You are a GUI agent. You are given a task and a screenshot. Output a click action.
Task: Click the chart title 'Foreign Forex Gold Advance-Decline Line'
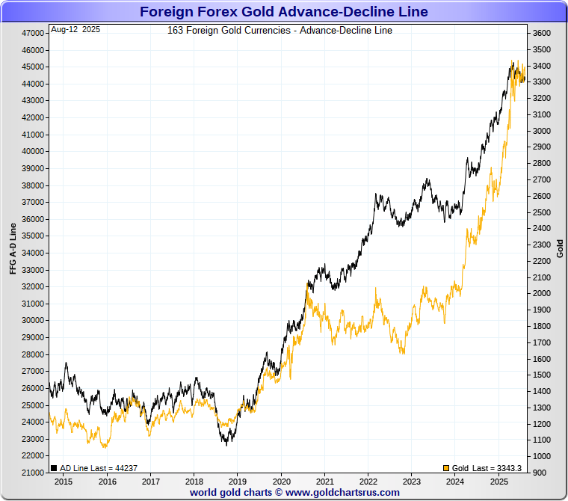284,11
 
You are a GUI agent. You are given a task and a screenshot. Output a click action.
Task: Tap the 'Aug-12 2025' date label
75,30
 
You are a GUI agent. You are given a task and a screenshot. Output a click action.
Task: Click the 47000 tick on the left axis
33,34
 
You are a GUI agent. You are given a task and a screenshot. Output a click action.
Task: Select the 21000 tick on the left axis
33,473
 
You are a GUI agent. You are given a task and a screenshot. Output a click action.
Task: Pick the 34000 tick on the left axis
33,253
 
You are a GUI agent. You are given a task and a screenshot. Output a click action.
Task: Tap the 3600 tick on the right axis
541,34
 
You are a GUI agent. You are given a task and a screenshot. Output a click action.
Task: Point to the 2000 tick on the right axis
541,294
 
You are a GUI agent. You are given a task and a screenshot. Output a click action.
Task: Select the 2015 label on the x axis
63,482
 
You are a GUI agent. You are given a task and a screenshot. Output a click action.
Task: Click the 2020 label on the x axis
281,482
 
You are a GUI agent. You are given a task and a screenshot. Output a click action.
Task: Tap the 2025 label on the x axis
500,482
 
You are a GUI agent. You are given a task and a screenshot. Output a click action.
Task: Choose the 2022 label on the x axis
368,482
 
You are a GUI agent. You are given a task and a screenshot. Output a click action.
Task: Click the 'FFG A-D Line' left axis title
13,248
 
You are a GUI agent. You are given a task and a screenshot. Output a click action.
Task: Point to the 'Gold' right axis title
560,248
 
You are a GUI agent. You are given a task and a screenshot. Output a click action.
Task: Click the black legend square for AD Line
54,468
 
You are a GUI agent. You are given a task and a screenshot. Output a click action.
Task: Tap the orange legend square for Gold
446,468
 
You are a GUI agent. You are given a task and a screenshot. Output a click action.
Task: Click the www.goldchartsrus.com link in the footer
342,493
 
